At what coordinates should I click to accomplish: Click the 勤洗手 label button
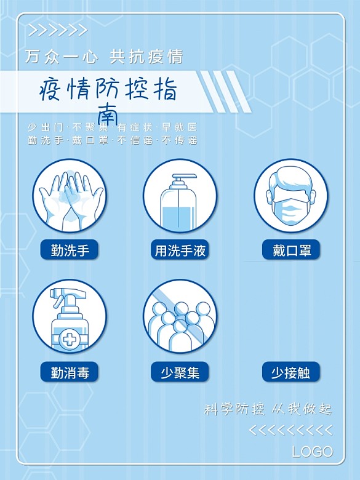[x=70, y=250]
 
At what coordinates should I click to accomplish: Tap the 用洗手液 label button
[x=180, y=250]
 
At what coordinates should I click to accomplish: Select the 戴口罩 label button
[x=291, y=250]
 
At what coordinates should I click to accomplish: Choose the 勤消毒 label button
[x=70, y=372]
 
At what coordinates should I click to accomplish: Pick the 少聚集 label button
[x=180, y=372]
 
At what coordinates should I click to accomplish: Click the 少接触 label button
[x=291, y=372]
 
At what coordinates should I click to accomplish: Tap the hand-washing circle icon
[x=70, y=196]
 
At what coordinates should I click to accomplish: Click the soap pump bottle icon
[x=180, y=196]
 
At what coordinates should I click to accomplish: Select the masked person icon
[x=291, y=196]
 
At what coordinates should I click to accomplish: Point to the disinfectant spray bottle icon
[x=70, y=316]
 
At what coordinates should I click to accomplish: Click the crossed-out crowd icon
[x=180, y=316]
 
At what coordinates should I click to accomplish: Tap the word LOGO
[x=312, y=451]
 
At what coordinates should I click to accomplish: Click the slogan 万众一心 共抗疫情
[x=104, y=57]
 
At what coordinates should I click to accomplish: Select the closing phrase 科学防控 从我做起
[x=268, y=409]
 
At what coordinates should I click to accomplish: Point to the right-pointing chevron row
[x=58, y=31]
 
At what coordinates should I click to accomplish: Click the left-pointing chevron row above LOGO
[x=295, y=430]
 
